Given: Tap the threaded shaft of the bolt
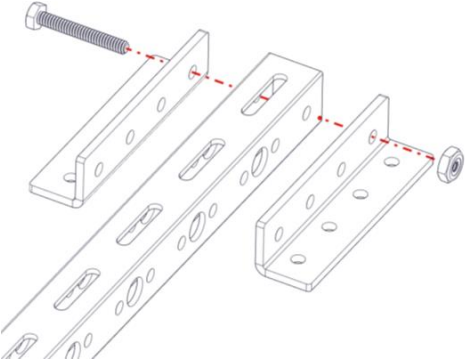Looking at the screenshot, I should click(x=80, y=32).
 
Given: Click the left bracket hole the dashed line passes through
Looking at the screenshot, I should click(x=193, y=72).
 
